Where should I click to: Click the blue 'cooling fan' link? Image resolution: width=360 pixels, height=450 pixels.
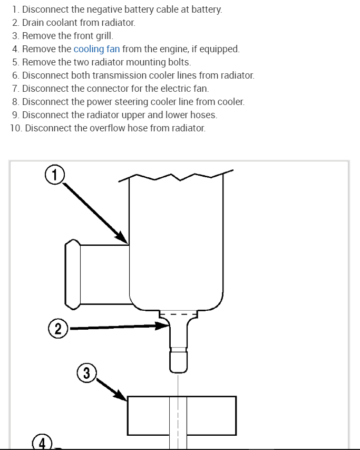(x=96, y=49)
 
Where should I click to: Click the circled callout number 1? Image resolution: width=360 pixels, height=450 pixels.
(x=55, y=174)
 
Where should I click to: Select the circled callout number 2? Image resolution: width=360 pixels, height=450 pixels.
(x=58, y=329)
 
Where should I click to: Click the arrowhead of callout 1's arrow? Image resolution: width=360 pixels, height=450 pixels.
(x=125, y=240)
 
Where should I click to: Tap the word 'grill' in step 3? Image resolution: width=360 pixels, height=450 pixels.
(x=104, y=36)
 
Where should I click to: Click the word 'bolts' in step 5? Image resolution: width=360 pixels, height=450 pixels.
(x=178, y=62)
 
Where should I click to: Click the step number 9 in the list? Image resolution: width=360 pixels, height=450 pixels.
(x=15, y=115)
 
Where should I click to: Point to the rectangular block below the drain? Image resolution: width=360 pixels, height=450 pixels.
(x=181, y=415)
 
